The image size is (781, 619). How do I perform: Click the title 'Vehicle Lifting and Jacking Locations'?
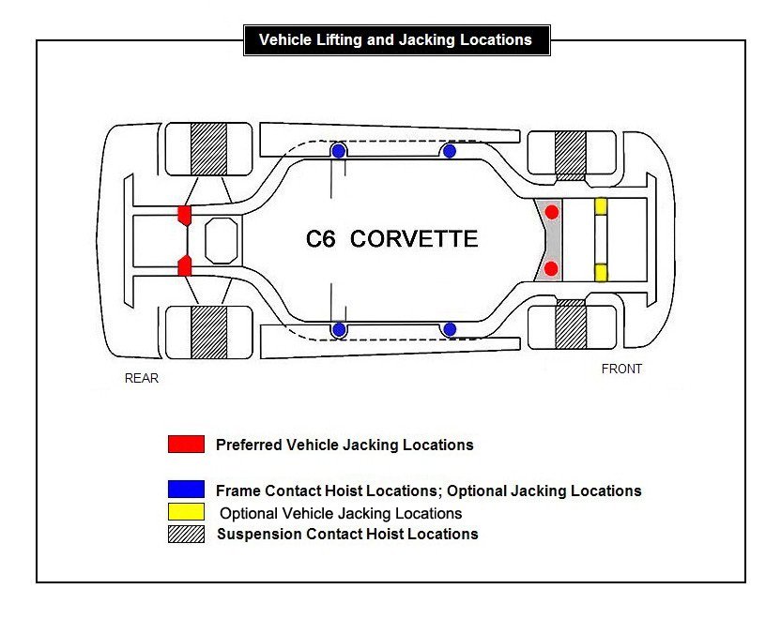tap(395, 40)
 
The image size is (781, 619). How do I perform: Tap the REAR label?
tap(142, 379)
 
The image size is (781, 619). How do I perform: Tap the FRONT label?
tap(621, 370)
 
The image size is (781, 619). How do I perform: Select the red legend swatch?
tap(186, 445)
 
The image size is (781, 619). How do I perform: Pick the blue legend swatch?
tap(186, 490)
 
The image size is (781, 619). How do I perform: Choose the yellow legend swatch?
tap(186, 513)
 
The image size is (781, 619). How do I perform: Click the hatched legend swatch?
tap(186, 535)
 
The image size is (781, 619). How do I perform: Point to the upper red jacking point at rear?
tap(184, 215)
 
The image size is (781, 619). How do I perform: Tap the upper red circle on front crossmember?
tap(552, 212)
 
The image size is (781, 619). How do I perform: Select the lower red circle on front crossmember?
tap(552, 269)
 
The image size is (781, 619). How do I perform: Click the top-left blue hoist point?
tap(339, 151)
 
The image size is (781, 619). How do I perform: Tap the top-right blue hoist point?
tap(450, 151)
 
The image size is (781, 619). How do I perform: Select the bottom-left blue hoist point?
tap(339, 329)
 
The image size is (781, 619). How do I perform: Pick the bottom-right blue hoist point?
tap(450, 329)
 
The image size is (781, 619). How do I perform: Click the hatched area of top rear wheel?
tap(208, 147)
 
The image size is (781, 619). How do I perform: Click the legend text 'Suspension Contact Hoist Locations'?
tap(347, 535)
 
